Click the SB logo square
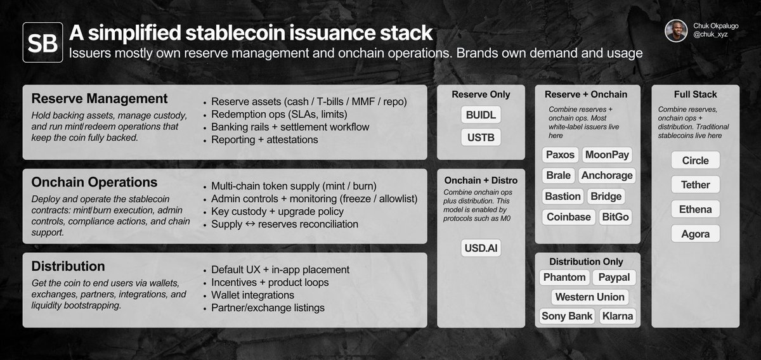point(43,42)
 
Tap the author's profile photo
point(676,30)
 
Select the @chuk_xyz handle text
point(710,34)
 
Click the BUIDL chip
point(481,115)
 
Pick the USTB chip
point(481,137)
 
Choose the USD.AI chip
point(481,248)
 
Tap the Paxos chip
point(560,155)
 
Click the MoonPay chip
point(607,155)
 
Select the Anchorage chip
point(607,175)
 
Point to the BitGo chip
point(615,217)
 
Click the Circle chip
point(696,160)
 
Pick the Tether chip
point(696,184)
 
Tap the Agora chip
point(696,234)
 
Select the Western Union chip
point(590,297)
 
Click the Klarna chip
point(618,316)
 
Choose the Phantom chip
point(564,277)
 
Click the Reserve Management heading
point(99,98)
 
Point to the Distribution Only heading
point(586,262)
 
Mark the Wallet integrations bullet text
point(252,295)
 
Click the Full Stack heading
point(696,94)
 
